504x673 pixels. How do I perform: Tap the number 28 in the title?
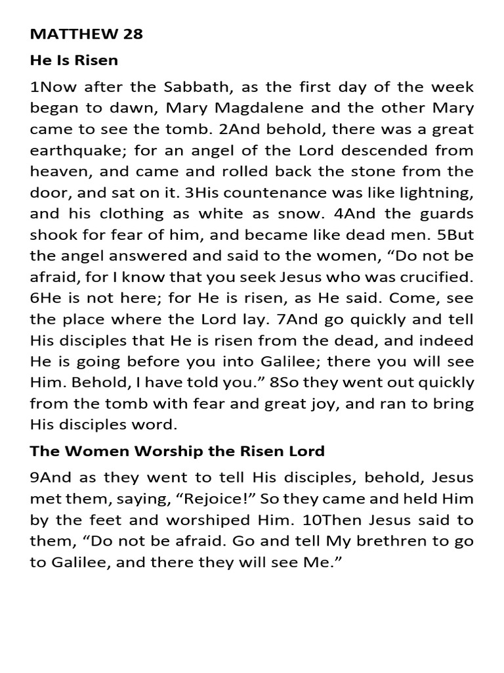pyautogui.click(x=131, y=35)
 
